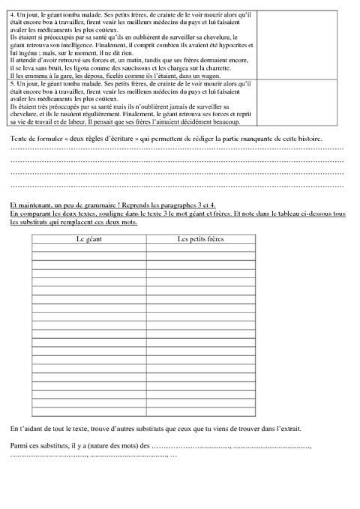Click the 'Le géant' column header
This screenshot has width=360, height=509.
(x=88, y=238)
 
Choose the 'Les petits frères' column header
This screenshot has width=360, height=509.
(x=200, y=238)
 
